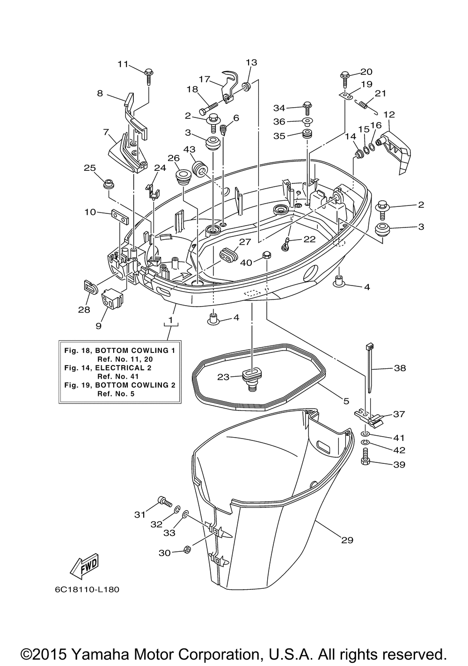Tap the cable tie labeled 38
pos(369,368)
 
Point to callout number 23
pos(223,377)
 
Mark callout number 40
pos(246,263)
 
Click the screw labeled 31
pos(165,501)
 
